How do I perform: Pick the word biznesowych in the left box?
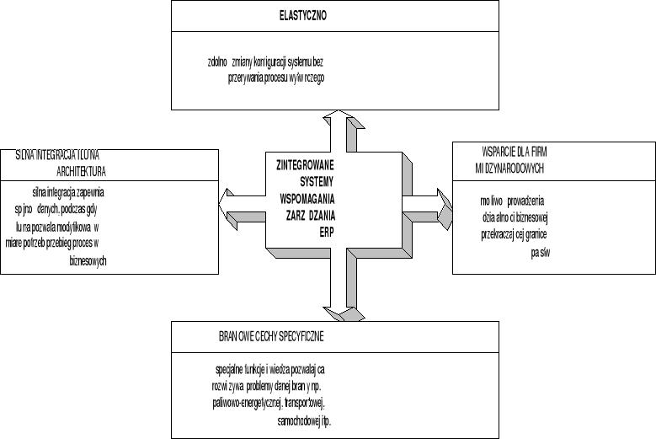coord(88,261)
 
